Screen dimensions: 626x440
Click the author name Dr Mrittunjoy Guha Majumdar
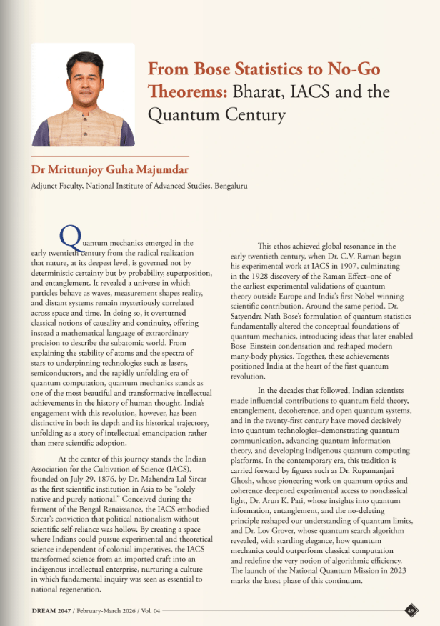click(x=108, y=169)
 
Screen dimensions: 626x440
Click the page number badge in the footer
click(x=411, y=610)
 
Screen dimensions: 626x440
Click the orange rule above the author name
click(x=110, y=156)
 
